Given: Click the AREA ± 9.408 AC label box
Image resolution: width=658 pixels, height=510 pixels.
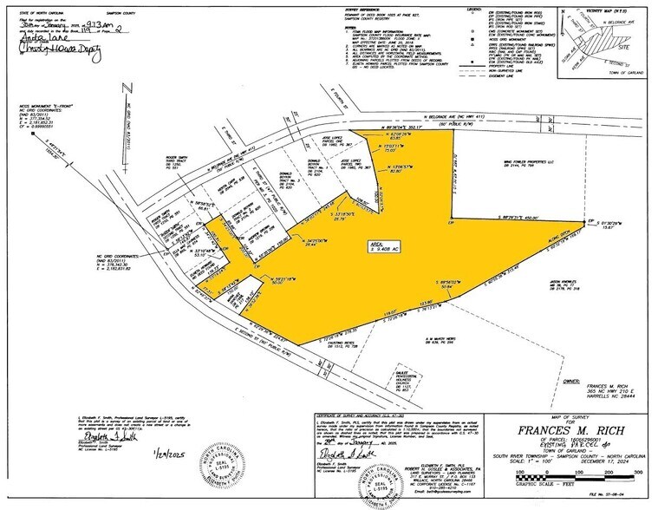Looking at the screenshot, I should coord(377,245).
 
